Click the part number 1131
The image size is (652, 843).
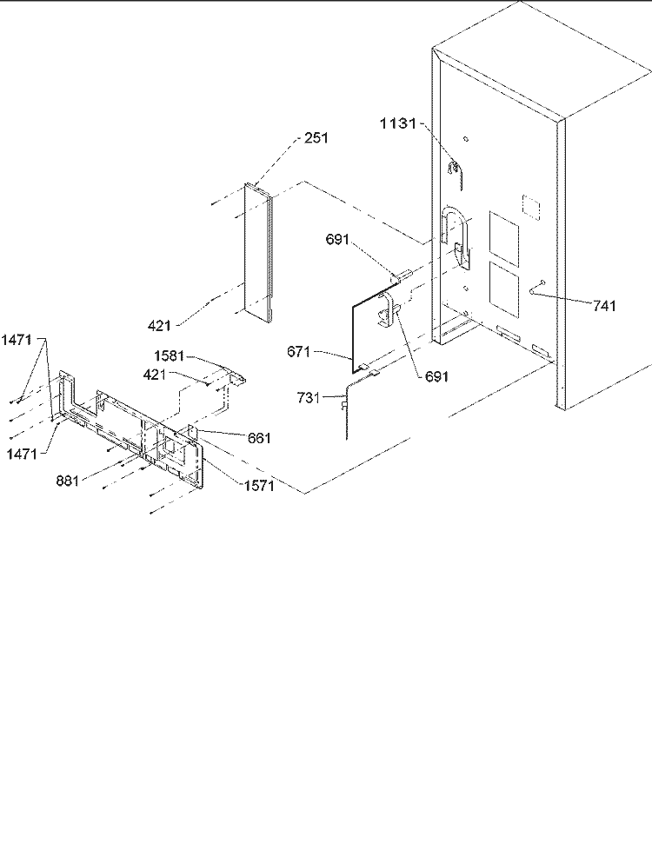click(398, 123)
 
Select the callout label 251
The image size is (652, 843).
click(316, 138)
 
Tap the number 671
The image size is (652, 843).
click(298, 352)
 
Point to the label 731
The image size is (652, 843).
click(309, 398)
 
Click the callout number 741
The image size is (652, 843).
click(605, 306)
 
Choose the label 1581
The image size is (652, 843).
click(169, 356)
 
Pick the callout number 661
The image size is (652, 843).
click(259, 438)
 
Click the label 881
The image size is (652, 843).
click(68, 481)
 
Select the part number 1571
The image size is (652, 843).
click(259, 486)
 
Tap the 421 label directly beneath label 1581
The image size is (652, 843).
click(155, 375)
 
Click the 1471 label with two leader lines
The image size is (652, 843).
click(17, 340)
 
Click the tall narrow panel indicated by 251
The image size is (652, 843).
click(259, 252)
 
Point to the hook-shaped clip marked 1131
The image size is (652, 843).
click(456, 169)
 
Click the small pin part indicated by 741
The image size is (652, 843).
click(537, 287)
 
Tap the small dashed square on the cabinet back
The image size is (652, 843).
click(531, 206)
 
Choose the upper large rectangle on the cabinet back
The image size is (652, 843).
click(504, 239)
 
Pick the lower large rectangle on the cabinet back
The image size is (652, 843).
click(504, 289)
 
